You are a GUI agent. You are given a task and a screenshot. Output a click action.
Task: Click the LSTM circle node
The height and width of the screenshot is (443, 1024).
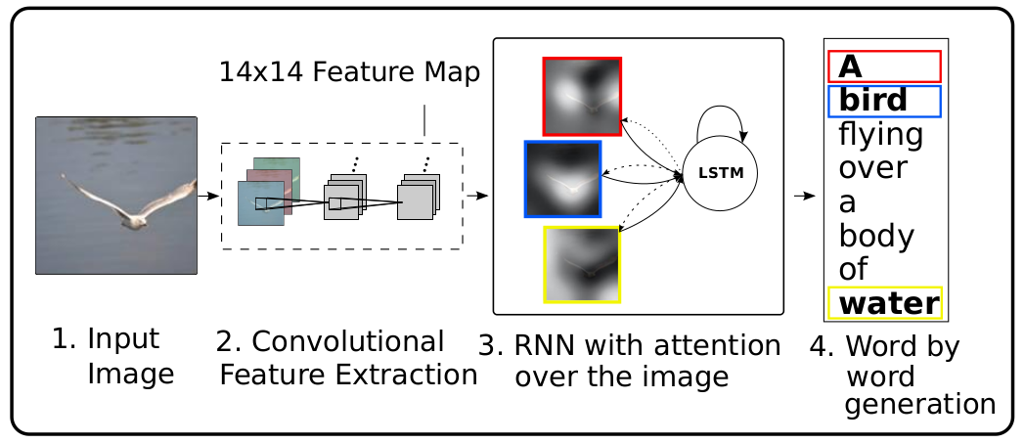[720, 173]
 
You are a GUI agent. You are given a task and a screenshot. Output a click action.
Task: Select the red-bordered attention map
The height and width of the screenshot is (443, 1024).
[582, 95]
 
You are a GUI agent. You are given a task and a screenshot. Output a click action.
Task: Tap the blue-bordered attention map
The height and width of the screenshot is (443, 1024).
[562, 178]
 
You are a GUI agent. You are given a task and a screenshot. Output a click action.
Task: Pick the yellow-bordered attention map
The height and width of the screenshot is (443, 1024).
[581, 264]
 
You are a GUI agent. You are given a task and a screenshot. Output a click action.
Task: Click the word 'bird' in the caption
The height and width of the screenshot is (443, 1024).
[873, 100]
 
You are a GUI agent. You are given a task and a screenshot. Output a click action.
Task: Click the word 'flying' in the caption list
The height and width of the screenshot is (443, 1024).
[881, 134]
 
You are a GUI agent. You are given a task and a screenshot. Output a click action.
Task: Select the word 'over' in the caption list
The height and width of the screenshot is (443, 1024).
[873, 168]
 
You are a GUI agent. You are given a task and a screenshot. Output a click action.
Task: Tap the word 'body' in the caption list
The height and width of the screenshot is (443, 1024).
[876, 235]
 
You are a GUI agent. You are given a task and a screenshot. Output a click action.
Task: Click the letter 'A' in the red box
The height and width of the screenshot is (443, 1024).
[851, 66]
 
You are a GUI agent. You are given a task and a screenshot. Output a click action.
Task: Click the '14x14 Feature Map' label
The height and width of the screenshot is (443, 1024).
[349, 72]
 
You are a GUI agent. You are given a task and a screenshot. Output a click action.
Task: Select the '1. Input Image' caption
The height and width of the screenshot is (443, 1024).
[112, 356]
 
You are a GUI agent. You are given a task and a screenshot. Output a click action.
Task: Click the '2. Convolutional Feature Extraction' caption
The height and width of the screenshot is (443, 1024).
[346, 358]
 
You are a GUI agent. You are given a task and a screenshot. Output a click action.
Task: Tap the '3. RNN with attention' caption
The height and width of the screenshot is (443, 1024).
[630, 360]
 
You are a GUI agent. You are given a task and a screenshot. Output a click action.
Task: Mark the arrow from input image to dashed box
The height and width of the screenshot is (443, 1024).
[208, 196]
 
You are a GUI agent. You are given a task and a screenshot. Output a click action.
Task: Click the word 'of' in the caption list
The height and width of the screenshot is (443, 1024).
[854, 269]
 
